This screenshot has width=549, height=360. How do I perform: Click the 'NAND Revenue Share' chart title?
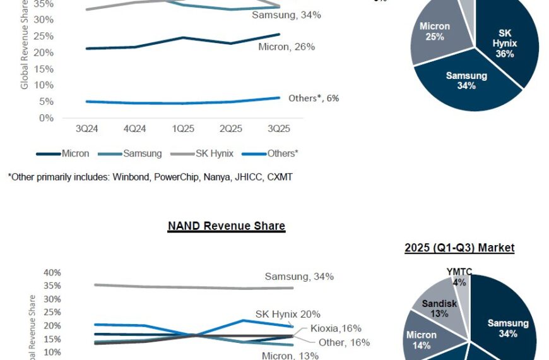(227, 226)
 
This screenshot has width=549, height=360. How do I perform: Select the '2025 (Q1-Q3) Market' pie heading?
(459, 248)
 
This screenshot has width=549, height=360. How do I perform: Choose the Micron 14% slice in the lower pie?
(422, 340)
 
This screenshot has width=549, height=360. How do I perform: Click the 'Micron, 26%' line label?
(286, 47)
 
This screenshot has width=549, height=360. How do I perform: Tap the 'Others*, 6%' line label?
(314, 98)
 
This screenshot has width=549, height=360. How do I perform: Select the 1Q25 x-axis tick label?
(183, 129)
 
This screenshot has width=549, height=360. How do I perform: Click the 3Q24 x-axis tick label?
(86, 129)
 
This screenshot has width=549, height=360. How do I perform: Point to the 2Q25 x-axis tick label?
(231, 129)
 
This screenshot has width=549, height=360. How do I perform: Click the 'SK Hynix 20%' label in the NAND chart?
(288, 314)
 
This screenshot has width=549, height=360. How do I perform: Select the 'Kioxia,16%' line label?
(336, 328)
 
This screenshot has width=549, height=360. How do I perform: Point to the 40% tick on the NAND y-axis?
(52, 273)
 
